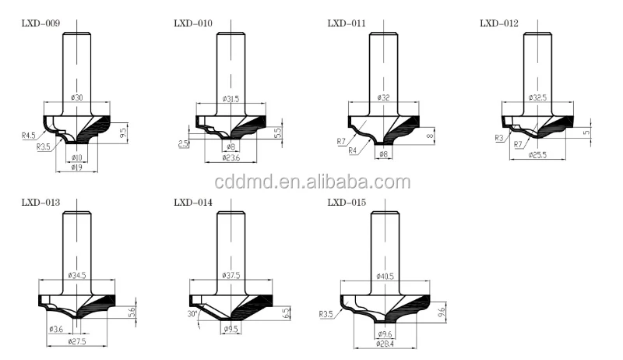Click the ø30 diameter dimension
pyautogui.click(x=76, y=97)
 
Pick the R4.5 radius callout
pyautogui.click(x=29, y=136)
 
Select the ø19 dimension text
pyautogui.click(x=76, y=166)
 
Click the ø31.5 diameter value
pyautogui.click(x=231, y=98)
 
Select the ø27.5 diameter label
pyautogui.click(x=77, y=341)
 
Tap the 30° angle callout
pyautogui.click(x=193, y=315)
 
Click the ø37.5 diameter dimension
pyautogui.click(x=231, y=275)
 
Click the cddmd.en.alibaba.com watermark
pyautogui.click(x=311, y=183)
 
